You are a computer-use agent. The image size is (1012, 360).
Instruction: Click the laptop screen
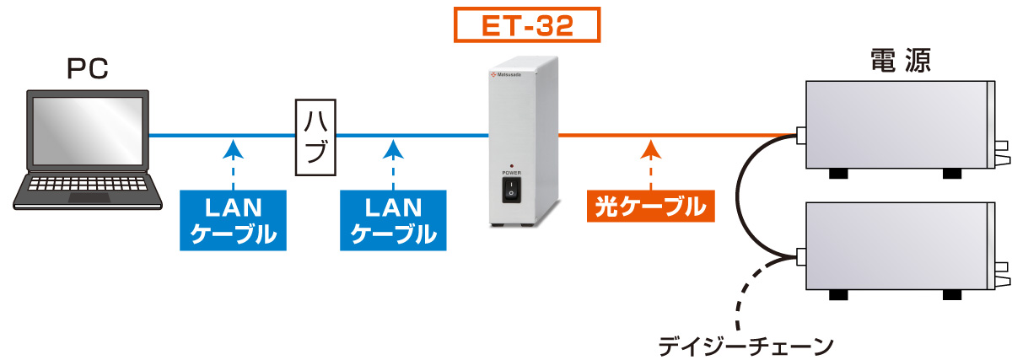click(88, 132)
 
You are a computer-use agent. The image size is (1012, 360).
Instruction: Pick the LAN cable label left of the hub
click(233, 220)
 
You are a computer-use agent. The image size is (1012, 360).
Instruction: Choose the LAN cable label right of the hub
click(393, 220)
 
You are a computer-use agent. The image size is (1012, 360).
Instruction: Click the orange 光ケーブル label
click(650, 206)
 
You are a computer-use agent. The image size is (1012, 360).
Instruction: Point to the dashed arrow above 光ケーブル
click(650, 164)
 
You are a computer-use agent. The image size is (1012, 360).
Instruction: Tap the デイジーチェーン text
click(746, 346)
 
